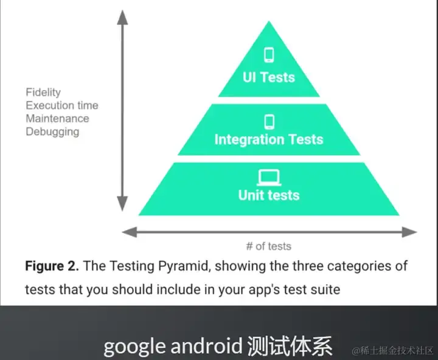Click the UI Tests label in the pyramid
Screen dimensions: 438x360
click(x=268, y=77)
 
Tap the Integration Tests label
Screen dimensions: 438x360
click(x=268, y=139)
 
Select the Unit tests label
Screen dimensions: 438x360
click(x=268, y=195)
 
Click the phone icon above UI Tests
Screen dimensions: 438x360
click(x=268, y=55)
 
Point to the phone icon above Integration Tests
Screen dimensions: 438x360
click(x=269, y=122)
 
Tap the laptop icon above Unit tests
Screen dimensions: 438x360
click(x=268, y=178)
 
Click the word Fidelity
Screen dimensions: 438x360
click(x=43, y=92)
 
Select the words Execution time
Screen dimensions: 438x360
click(x=61, y=105)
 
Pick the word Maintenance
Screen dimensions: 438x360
click(x=57, y=118)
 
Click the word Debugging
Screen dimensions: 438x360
click(x=52, y=131)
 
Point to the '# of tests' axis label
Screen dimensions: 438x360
click(x=268, y=246)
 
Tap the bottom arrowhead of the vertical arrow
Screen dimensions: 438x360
click(x=122, y=206)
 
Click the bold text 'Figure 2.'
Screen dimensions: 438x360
click(x=52, y=266)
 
